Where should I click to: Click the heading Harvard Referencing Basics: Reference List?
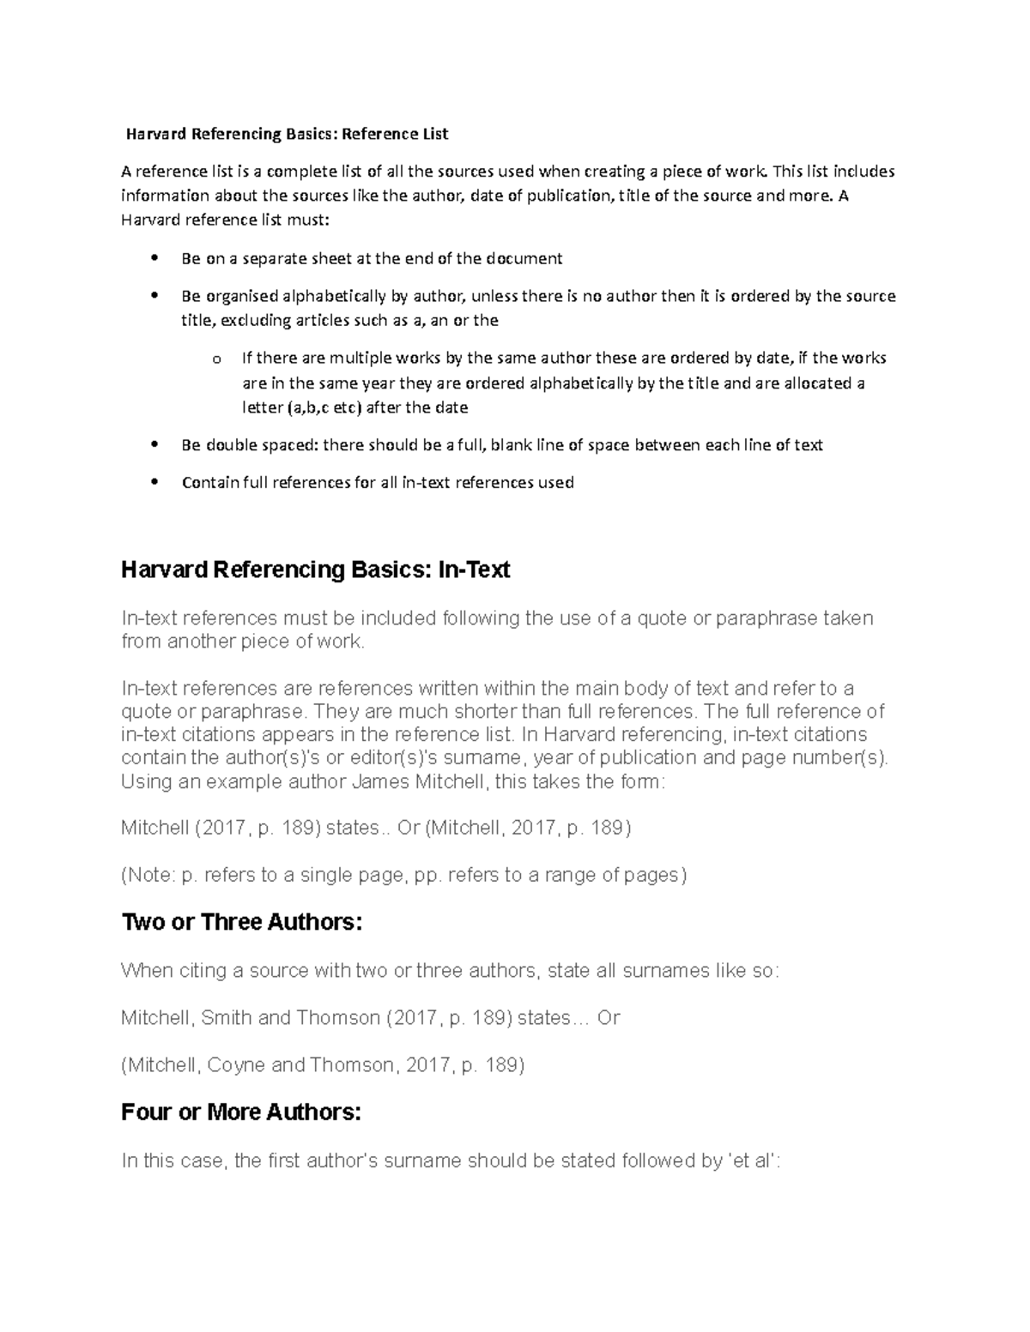(x=287, y=134)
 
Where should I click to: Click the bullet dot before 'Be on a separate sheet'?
(x=154, y=258)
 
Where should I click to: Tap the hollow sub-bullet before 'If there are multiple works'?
(x=215, y=359)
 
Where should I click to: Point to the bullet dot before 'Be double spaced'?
(x=154, y=445)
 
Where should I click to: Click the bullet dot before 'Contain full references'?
(x=154, y=482)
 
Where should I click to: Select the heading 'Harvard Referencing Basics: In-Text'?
(x=315, y=570)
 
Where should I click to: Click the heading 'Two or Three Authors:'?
(x=242, y=923)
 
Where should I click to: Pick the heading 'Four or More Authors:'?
(x=241, y=1112)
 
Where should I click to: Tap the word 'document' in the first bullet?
(x=524, y=258)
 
